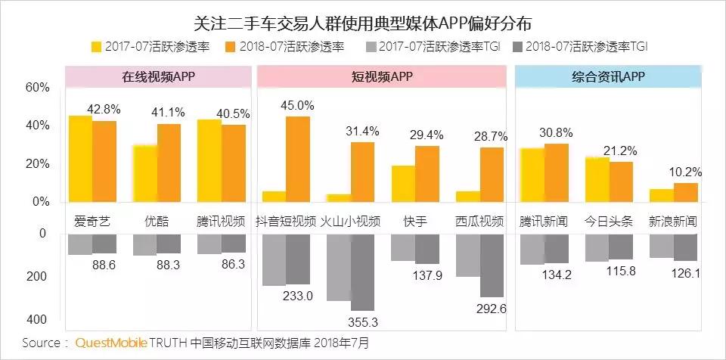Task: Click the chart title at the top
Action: click(362, 19)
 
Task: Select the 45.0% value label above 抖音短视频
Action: click(297, 104)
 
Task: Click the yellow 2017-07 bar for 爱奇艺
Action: click(80, 159)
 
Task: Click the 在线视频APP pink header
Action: click(158, 76)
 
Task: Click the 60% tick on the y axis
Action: click(37, 88)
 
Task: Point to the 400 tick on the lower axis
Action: click(37, 319)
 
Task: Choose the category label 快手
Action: click(415, 222)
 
